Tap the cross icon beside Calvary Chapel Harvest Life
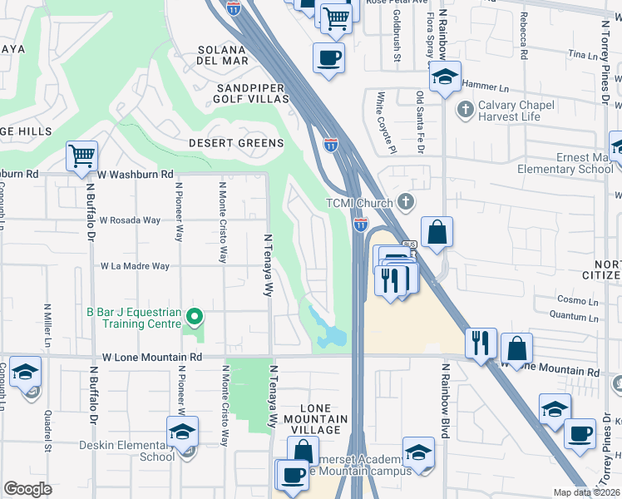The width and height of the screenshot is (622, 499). coord(466,107)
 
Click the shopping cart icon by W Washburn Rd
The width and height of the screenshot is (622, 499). coord(81,156)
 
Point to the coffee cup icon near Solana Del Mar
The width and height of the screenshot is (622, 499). coord(328,58)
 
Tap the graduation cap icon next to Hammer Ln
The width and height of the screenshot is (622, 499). coord(445,77)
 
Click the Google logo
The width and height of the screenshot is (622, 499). coord(28,489)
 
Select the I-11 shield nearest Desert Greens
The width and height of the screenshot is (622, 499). coord(331,144)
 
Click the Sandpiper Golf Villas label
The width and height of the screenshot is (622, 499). coord(252,93)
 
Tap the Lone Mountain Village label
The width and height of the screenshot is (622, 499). coord(316,419)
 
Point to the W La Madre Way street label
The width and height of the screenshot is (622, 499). coord(135,267)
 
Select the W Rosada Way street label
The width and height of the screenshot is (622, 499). coord(129,220)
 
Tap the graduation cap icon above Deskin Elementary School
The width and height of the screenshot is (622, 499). coord(181,431)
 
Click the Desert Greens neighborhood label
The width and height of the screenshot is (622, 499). coord(235,143)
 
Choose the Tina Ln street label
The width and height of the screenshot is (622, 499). coord(576,54)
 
